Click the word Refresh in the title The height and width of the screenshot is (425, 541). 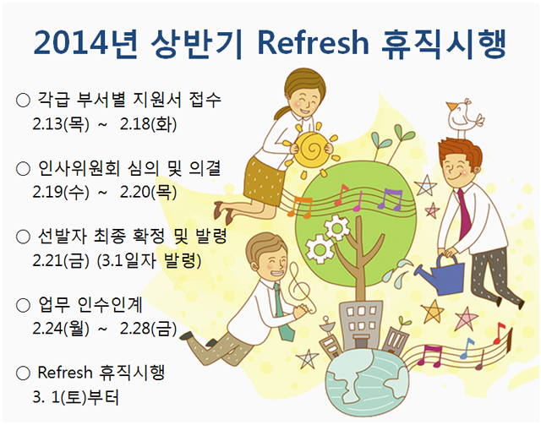coord(313,43)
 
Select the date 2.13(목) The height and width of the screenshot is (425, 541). coord(61,124)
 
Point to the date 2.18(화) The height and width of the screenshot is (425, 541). coord(149,124)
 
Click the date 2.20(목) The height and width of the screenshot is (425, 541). coord(149,192)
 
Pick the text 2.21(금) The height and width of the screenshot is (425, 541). coord(61,260)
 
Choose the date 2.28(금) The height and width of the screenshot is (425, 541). coord(149,329)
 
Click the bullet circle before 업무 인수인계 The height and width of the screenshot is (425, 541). coord(23,306)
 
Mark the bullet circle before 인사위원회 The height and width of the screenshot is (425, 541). coord(23,169)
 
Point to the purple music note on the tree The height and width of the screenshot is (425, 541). coord(391,200)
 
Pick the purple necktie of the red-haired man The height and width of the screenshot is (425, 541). coord(464,214)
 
